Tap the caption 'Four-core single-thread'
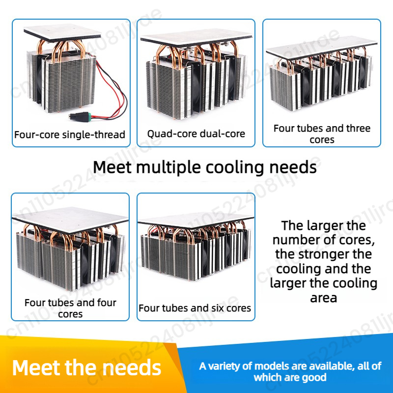(70, 135)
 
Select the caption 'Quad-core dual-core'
(196, 134)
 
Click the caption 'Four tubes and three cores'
(322, 134)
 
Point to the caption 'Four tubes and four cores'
(70, 309)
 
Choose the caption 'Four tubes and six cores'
(195, 308)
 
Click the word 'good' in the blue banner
(315, 377)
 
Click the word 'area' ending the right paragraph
(323, 298)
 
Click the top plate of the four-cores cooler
(70, 218)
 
